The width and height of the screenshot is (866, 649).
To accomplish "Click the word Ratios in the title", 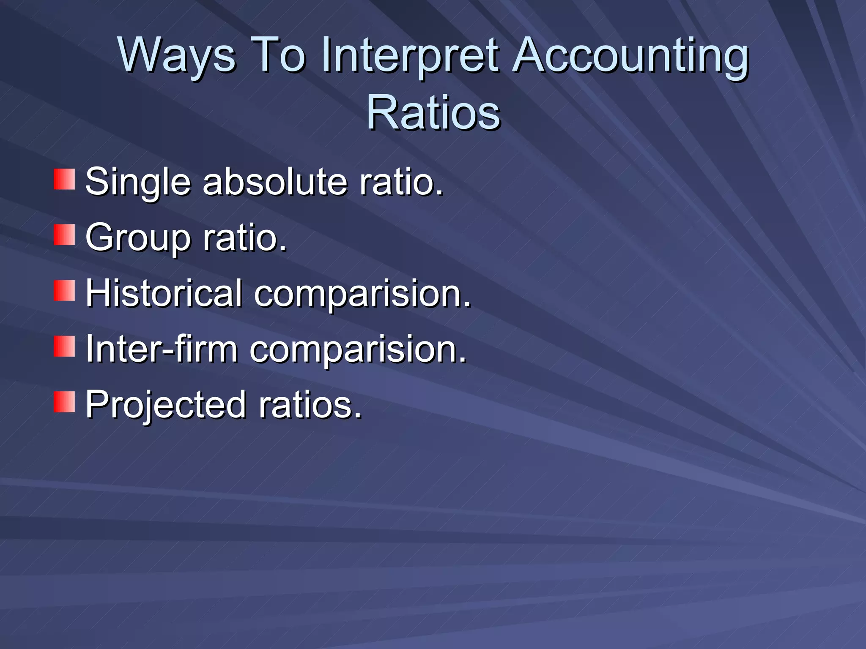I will [433, 112].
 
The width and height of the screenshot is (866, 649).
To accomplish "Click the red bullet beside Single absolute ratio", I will [64, 179].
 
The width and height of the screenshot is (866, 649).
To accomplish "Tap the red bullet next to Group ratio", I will [64, 235].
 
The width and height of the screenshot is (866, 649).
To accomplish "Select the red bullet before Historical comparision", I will [64, 291].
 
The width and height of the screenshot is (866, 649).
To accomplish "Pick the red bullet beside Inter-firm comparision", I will [64, 346].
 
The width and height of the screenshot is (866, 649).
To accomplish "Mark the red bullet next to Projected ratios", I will [64, 402].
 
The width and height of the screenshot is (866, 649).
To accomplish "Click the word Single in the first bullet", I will [138, 183].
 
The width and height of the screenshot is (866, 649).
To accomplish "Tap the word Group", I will [138, 238].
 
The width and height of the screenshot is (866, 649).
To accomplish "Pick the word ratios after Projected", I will [310, 405].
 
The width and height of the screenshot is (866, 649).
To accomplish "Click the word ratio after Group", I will [245, 237].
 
